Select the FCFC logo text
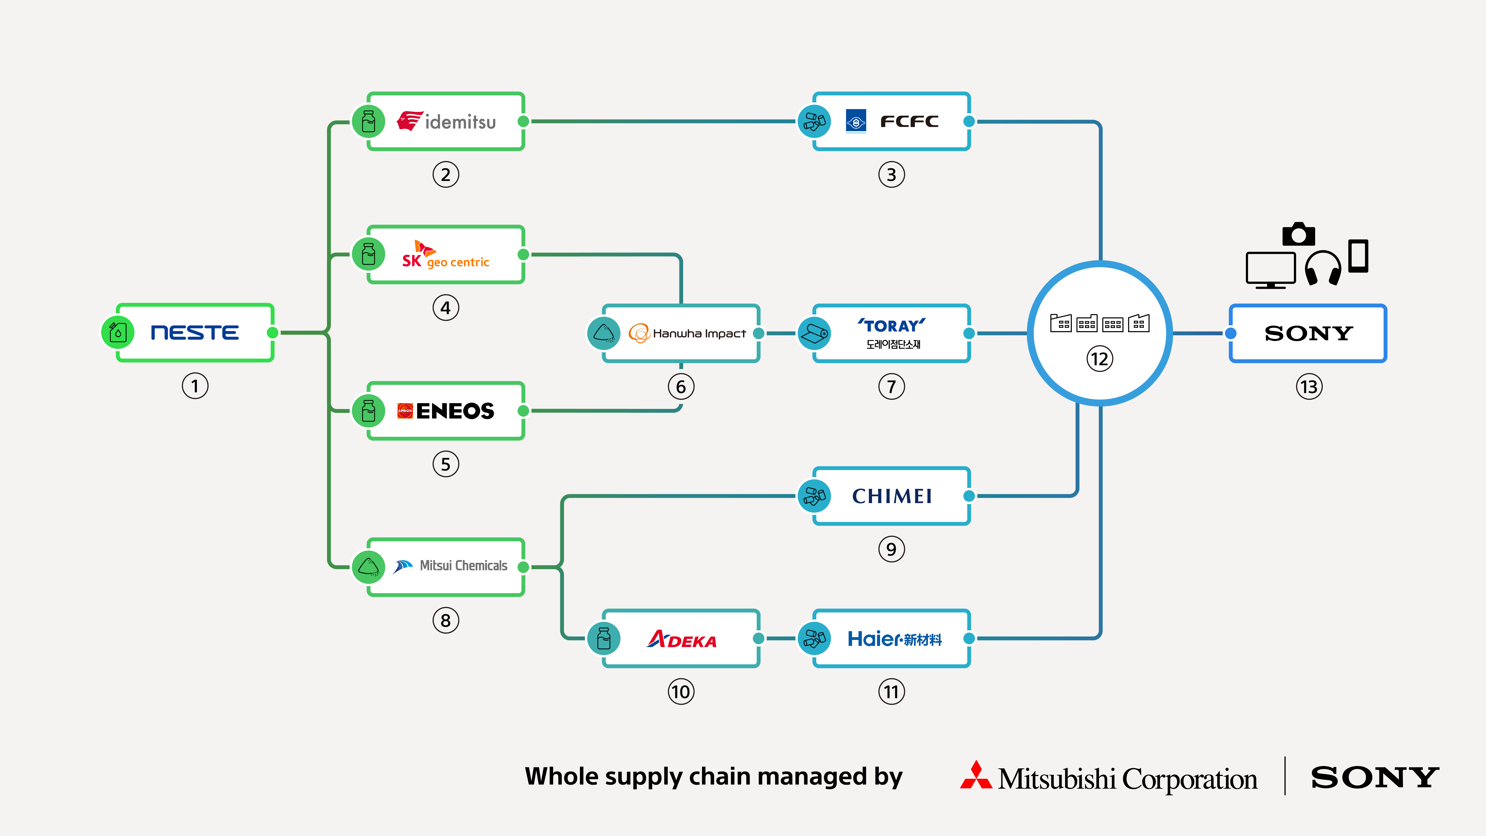point(909,122)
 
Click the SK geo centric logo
point(445,255)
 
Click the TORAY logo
point(892,326)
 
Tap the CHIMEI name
point(892,496)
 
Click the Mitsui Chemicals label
point(463,566)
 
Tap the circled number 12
point(1099,359)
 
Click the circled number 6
point(681,387)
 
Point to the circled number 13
point(1309,387)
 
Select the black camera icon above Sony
point(1299,234)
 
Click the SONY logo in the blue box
point(1308,333)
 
